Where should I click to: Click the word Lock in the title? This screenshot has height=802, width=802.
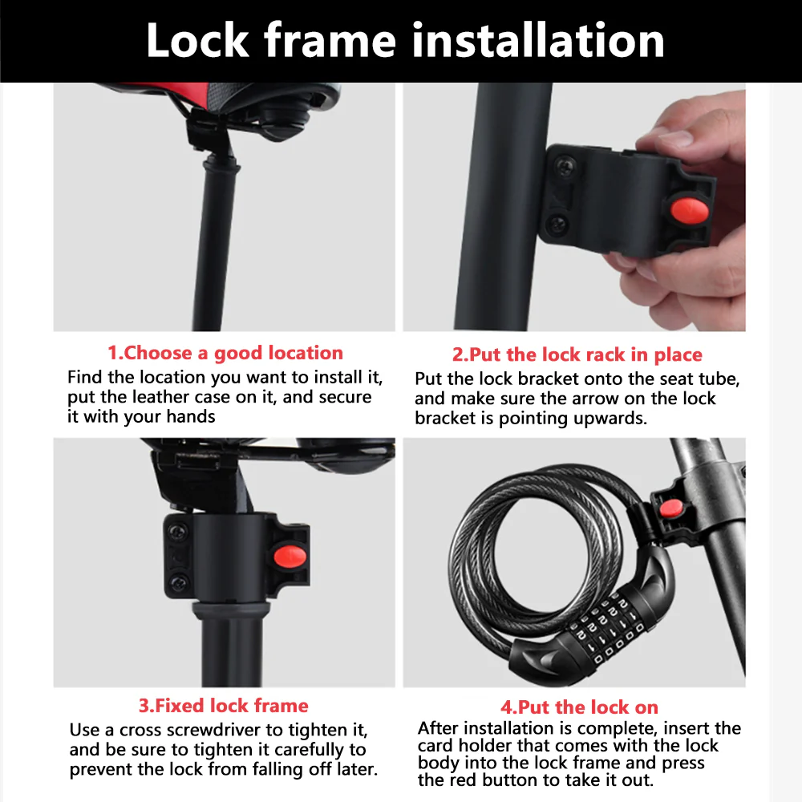tap(197, 40)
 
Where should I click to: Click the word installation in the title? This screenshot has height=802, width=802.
tap(538, 40)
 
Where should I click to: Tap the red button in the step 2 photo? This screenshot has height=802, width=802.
tap(689, 209)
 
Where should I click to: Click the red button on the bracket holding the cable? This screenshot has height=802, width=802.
tap(670, 508)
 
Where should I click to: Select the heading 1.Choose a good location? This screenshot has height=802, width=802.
tap(225, 353)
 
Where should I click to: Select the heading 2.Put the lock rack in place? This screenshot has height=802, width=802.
tap(577, 354)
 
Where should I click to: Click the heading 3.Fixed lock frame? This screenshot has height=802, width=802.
tap(224, 706)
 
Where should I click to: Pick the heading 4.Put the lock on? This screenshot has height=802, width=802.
tap(579, 707)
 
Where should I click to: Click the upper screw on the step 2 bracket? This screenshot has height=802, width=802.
tap(565, 166)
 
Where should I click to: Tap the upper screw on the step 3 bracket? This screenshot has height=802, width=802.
tap(177, 533)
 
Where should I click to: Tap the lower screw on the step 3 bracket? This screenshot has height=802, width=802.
tap(179, 582)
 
